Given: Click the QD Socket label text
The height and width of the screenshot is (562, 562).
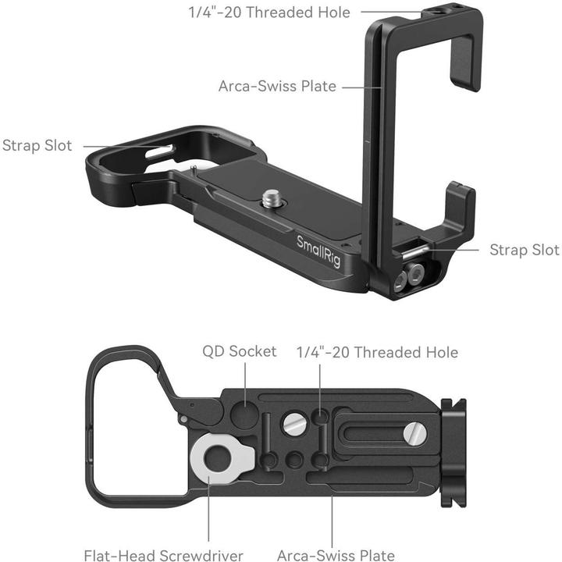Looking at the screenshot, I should tap(240, 351).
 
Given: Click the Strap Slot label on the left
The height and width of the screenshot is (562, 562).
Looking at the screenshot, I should tap(37, 146).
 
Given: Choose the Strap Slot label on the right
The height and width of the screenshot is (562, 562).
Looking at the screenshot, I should tap(525, 250).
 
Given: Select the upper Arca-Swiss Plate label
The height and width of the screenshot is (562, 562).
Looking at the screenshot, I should tap(278, 86).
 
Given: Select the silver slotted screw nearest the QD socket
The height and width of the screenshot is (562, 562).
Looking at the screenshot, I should tap(294, 423).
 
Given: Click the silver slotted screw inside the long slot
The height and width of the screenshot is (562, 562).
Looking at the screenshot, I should tap(416, 434).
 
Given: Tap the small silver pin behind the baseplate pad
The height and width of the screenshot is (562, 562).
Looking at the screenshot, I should tap(192, 166).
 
